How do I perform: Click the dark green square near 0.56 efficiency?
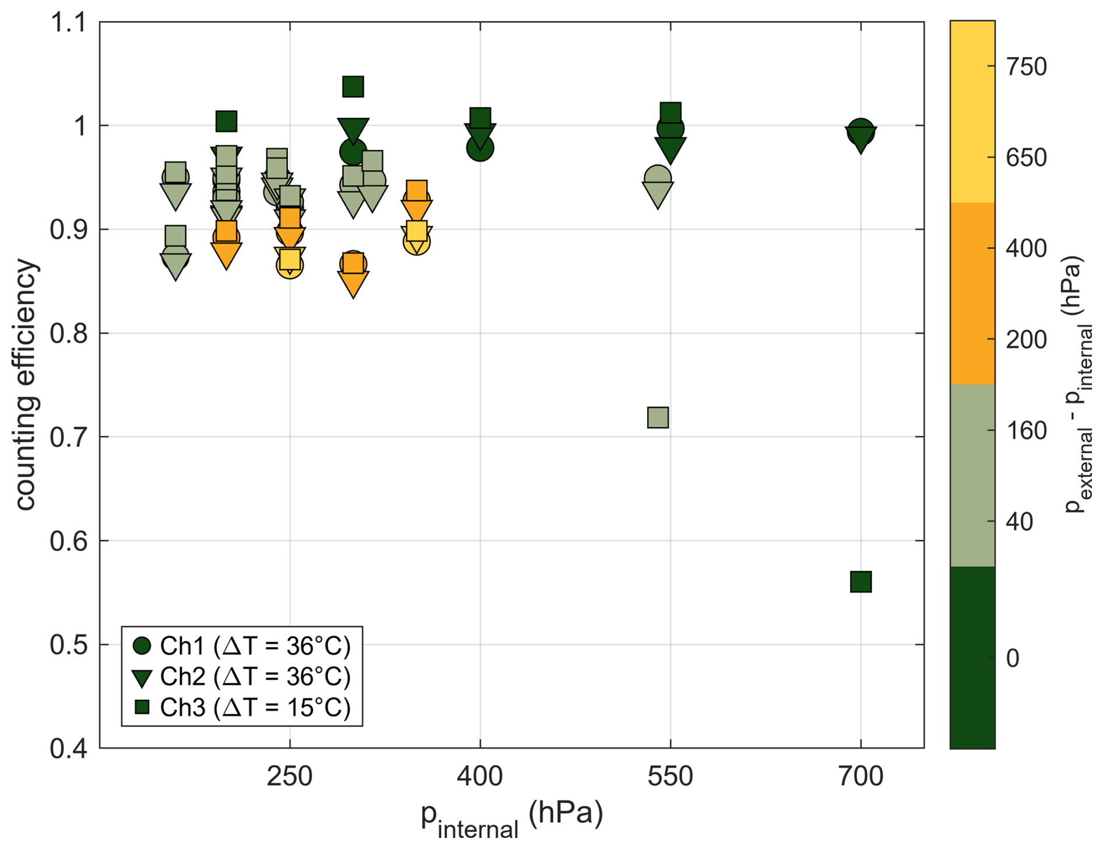(x=860, y=581)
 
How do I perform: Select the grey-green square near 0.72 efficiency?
(x=658, y=418)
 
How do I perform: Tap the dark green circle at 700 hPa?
(x=860, y=131)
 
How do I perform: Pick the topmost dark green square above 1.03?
(x=353, y=87)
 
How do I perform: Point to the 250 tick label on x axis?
(x=290, y=777)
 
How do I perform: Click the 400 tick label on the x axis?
(x=480, y=777)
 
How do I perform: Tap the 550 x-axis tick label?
(x=670, y=777)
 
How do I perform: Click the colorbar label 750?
(x=1026, y=67)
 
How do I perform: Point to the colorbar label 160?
(x=1026, y=431)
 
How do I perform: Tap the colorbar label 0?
(x=1013, y=658)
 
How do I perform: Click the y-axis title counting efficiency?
(x=26, y=385)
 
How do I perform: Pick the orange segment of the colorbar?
(x=972, y=293)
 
